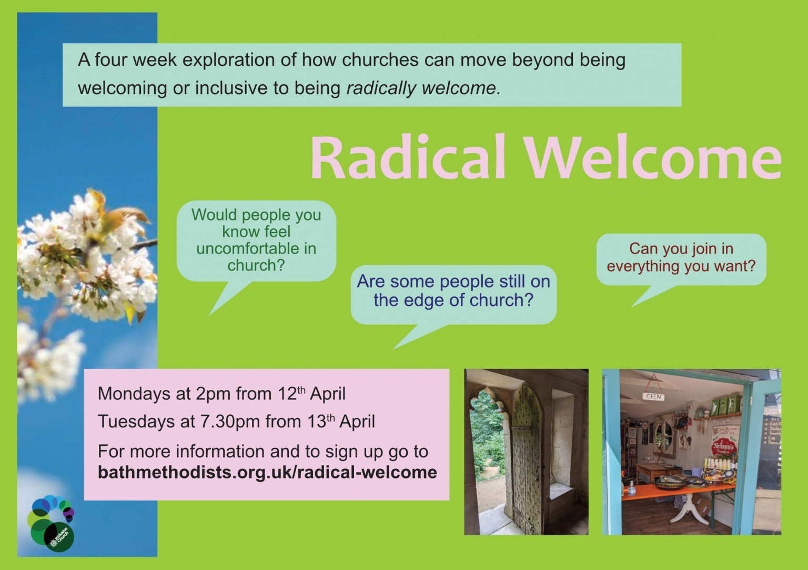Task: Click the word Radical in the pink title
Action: (x=408, y=158)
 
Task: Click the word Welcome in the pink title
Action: (x=652, y=158)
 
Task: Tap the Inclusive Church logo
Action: (x=51, y=524)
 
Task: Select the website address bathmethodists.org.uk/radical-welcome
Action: (x=267, y=472)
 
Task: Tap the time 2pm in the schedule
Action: (x=214, y=394)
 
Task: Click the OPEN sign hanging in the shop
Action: (x=653, y=396)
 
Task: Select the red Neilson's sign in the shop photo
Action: (x=724, y=446)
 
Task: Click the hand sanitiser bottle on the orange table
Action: (x=631, y=488)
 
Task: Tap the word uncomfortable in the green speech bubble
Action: (x=256, y=248)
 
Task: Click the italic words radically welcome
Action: (x=423, y=88)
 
